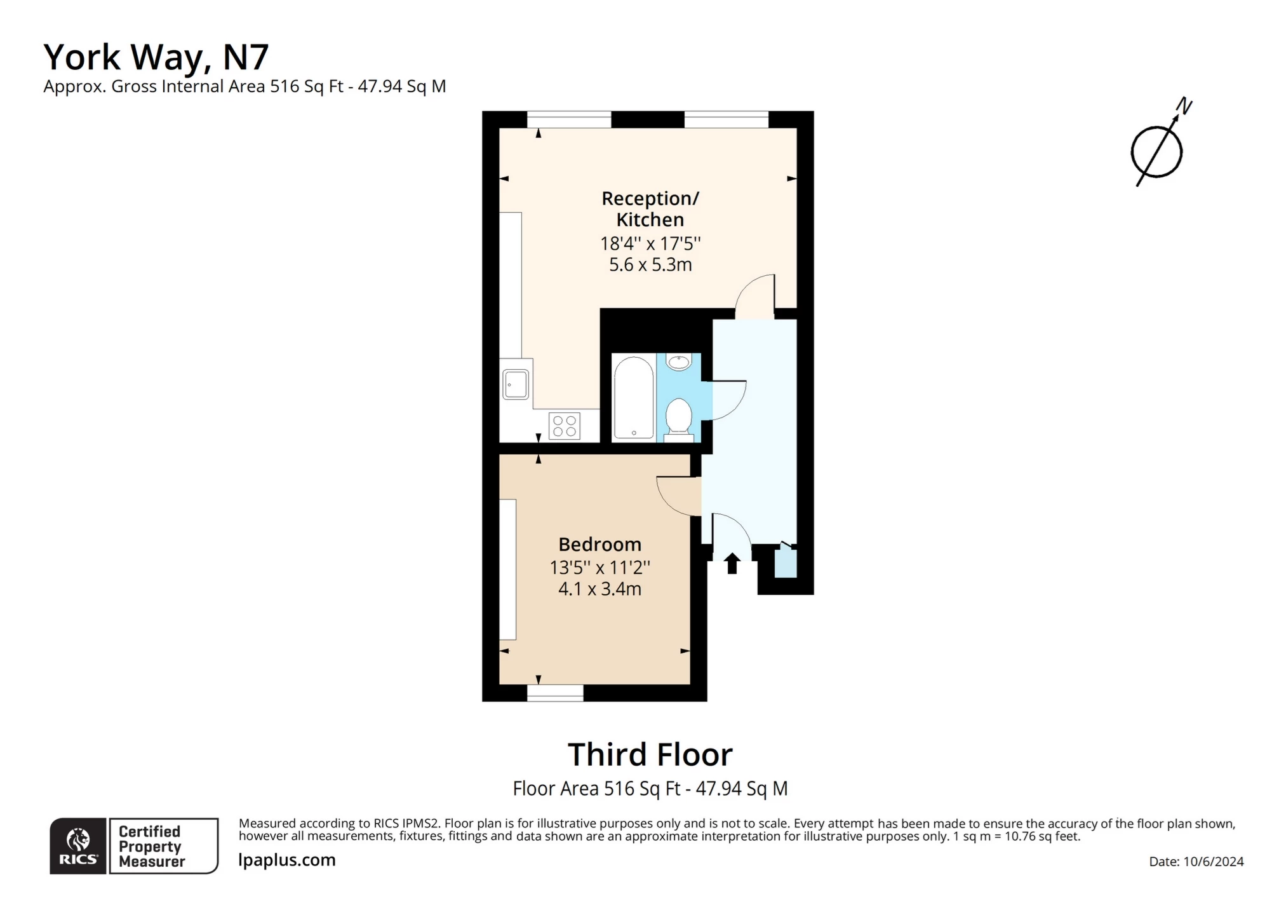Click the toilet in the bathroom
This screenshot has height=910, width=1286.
678,418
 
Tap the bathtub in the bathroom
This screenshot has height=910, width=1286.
633,398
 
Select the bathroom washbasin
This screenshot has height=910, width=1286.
678,362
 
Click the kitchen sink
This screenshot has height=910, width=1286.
516,384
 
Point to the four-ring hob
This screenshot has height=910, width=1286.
564,426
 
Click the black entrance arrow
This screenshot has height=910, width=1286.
732,563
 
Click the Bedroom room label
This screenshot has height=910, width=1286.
599,544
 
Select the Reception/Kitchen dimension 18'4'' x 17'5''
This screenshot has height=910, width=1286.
650,243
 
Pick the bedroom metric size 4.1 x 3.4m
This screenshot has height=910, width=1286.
599,589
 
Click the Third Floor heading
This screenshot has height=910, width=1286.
650,754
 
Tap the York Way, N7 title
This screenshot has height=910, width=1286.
156,57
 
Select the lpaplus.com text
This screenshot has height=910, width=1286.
286,860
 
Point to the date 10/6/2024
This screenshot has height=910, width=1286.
1213,862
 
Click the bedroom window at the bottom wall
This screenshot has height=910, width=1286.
555,693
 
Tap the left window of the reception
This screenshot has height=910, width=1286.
568,119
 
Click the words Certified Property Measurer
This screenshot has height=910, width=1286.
151,846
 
